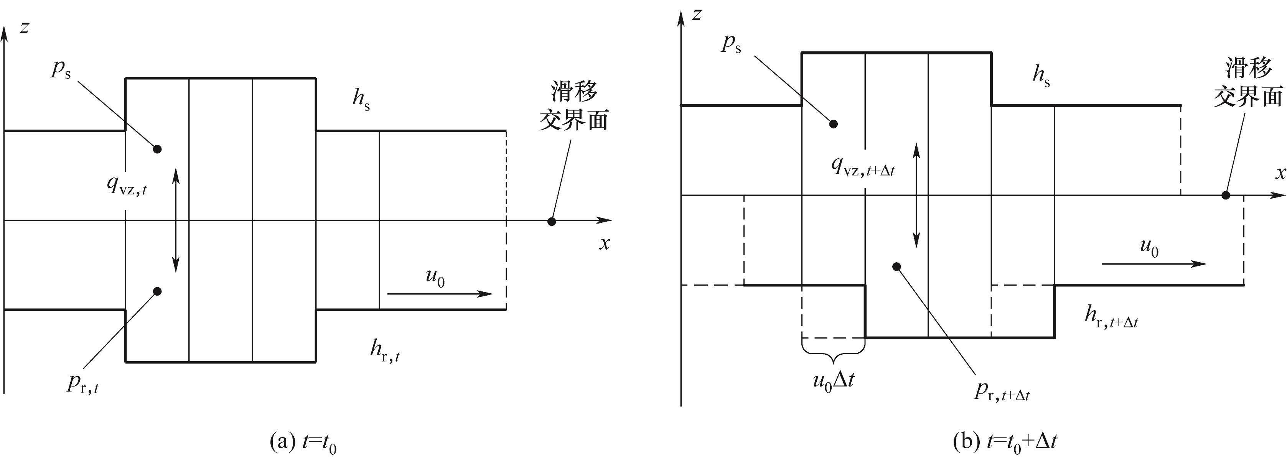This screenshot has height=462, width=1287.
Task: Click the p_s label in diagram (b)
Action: point(731,44)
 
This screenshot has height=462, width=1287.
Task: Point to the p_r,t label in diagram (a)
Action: point(82,383)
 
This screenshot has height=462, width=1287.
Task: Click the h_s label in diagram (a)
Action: point(361,99)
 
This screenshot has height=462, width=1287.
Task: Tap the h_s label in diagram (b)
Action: point(1041,76)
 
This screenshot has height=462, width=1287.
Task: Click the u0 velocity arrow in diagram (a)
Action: point(440,294)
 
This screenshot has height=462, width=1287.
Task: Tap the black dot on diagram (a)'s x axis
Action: point(552,221)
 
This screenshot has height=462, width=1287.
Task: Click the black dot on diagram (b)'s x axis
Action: point(1226,195)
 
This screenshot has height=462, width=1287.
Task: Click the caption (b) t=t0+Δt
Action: point(1005,442)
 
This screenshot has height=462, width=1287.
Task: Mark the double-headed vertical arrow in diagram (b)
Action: point(917,195)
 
